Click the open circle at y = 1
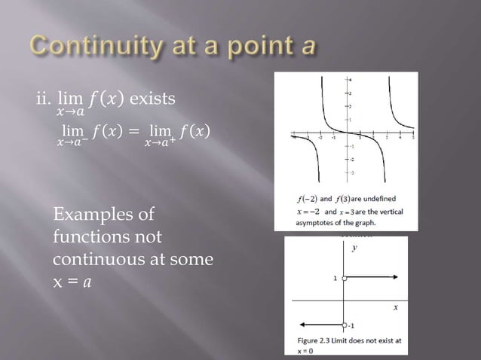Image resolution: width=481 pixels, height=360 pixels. tap(344, 279)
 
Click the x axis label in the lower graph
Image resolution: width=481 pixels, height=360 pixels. tap(395, 308)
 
